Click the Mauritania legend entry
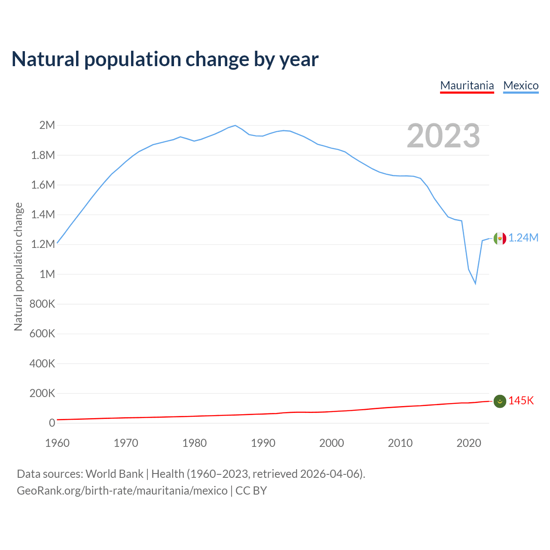(x=467, y=86)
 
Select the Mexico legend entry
(x=521, y=86)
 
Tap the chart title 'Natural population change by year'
(x=165, y=59)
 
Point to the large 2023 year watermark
(x=443, y=136)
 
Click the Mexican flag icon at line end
(x=500, y=238)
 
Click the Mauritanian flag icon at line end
(x=500, y=401)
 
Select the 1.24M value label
(x=523, y=238)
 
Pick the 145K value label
(x=521, y=401)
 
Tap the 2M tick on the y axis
(x=47, y=125)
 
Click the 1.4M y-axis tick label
(x=43, y=214)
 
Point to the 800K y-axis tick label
(x=42, y=304)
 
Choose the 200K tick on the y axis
(x=42, y=393)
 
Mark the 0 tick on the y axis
(x=52, y=423)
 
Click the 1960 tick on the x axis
(x=57, y=443)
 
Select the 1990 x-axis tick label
(x=263, y=443)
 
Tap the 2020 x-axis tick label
(x=469, y=443)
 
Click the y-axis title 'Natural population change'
(x=18, y=267)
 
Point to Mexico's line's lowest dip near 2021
(x=475, y=283)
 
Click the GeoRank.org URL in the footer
(x=122, y=491)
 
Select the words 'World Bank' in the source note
(x=114, y=474)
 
